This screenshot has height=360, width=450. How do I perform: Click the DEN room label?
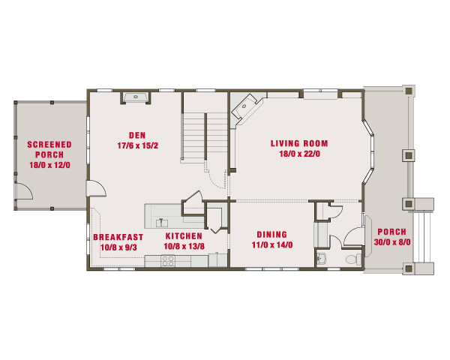(137, 135)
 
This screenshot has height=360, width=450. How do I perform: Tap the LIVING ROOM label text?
(299, 143)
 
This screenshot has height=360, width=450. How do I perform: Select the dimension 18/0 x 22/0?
(299, 154)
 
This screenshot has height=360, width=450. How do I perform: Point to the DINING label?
(271, 235)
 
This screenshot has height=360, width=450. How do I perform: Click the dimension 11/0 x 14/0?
(272, 245)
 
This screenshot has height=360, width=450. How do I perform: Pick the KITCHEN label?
(184, 236)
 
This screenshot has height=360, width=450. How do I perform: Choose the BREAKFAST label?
(118, 237)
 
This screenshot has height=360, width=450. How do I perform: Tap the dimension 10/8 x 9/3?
(118, 247)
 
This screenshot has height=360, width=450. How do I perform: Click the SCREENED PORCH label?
(49, 149)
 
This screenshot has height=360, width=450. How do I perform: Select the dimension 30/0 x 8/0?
(392, 242)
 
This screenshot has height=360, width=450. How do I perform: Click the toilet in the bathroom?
(354, 259)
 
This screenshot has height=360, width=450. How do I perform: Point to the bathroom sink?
(322, 258)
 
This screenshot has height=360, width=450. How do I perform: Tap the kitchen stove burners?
(168, 261)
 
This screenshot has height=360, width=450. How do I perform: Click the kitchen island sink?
(162, 223)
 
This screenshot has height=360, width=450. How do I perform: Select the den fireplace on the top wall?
(136, 97)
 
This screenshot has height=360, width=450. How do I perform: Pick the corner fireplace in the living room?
(246, 109)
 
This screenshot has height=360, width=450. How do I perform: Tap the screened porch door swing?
(24, 191)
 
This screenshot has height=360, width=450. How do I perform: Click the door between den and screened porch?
(97, 188)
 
